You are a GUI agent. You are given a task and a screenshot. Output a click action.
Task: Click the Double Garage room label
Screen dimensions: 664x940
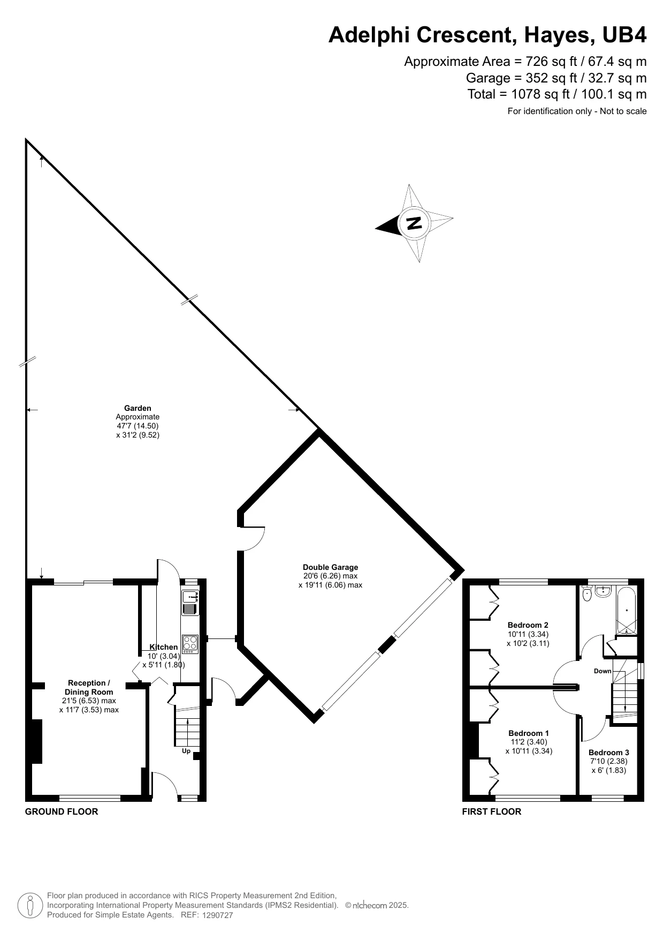(330, 567)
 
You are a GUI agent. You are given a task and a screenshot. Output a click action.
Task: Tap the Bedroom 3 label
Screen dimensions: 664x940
(609, 753)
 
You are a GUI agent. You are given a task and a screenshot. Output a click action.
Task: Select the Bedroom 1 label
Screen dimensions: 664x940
(529, 733)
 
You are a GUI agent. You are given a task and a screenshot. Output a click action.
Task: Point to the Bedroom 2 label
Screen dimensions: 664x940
(528, 625)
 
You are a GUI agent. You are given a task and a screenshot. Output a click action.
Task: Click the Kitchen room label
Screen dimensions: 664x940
(164, 647)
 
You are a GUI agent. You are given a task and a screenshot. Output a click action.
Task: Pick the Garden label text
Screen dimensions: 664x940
(138, 408)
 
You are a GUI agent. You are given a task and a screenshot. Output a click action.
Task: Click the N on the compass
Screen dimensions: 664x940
(414, 223)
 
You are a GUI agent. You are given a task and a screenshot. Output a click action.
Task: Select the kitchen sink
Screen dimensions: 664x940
(190, 603)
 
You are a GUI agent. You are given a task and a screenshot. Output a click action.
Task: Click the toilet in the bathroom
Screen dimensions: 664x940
(586, 593)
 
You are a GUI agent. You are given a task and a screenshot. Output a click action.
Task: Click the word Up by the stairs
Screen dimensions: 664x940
(186, 751)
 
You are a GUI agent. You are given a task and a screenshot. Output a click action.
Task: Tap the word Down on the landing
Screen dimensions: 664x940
(602, 671)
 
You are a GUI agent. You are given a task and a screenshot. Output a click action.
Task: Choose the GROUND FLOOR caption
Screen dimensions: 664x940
(62, 811)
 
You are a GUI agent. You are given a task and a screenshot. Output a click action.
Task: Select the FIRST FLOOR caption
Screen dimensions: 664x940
(492, 811)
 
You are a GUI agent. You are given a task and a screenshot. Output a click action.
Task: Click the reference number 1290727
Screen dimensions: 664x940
(218, 915)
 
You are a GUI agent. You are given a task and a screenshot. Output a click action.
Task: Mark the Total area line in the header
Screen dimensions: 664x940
(557, 94)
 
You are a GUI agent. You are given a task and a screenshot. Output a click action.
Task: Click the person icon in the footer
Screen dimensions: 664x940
(30, 905)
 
